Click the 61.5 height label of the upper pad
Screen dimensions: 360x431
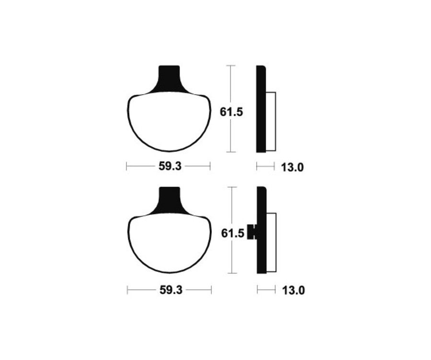232,112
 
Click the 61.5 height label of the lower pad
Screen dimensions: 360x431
232,234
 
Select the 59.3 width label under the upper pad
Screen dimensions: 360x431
170,167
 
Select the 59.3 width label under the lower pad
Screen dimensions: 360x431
170,290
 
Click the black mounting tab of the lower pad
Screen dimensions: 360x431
169,200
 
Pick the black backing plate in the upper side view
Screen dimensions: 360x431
261,109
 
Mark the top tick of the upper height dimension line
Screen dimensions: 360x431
231,65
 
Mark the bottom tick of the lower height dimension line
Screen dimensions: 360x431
232,273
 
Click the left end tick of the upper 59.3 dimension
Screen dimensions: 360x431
126,166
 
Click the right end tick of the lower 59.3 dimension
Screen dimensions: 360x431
211,290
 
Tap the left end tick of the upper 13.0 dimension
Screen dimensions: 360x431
257,166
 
